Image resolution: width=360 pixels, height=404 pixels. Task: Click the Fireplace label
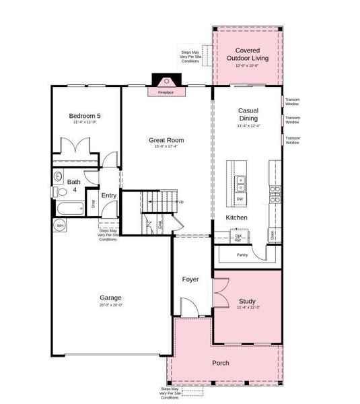pyautogui.click(x=166, y=92)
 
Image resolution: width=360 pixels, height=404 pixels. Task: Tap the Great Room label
pyautogui.click(x=166, y=140)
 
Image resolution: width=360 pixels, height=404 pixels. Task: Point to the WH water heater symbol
pyautogui.click(x=60, y=226)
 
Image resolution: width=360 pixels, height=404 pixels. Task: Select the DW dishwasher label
pyautogui.click(x=240, y=199)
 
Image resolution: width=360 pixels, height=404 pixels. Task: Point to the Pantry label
pyautogui.click(x=242, y=255)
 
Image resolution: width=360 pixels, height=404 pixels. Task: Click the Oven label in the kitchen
pyautogui.click(x=272, y=235)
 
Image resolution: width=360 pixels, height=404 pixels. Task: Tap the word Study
pyautogui.click(x=248, y=301)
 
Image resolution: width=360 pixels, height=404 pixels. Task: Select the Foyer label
pyautogui.click(x=191, y=279)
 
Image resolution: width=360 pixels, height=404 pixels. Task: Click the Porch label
pyautogui.click(x=220, y=363)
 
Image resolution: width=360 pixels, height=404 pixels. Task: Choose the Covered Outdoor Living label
pyautogui.click(x=248, y=54)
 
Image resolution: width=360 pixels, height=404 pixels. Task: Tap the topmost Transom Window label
pyautogui.click(x=292, y=102)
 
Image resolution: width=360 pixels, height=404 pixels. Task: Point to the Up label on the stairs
pyautogui.click(x=180, y=201)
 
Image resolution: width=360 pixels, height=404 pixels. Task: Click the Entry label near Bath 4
pyautogui.click(x=108, y=195)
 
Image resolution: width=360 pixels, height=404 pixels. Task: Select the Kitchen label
pyautogui.click(x=236, y=217)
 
